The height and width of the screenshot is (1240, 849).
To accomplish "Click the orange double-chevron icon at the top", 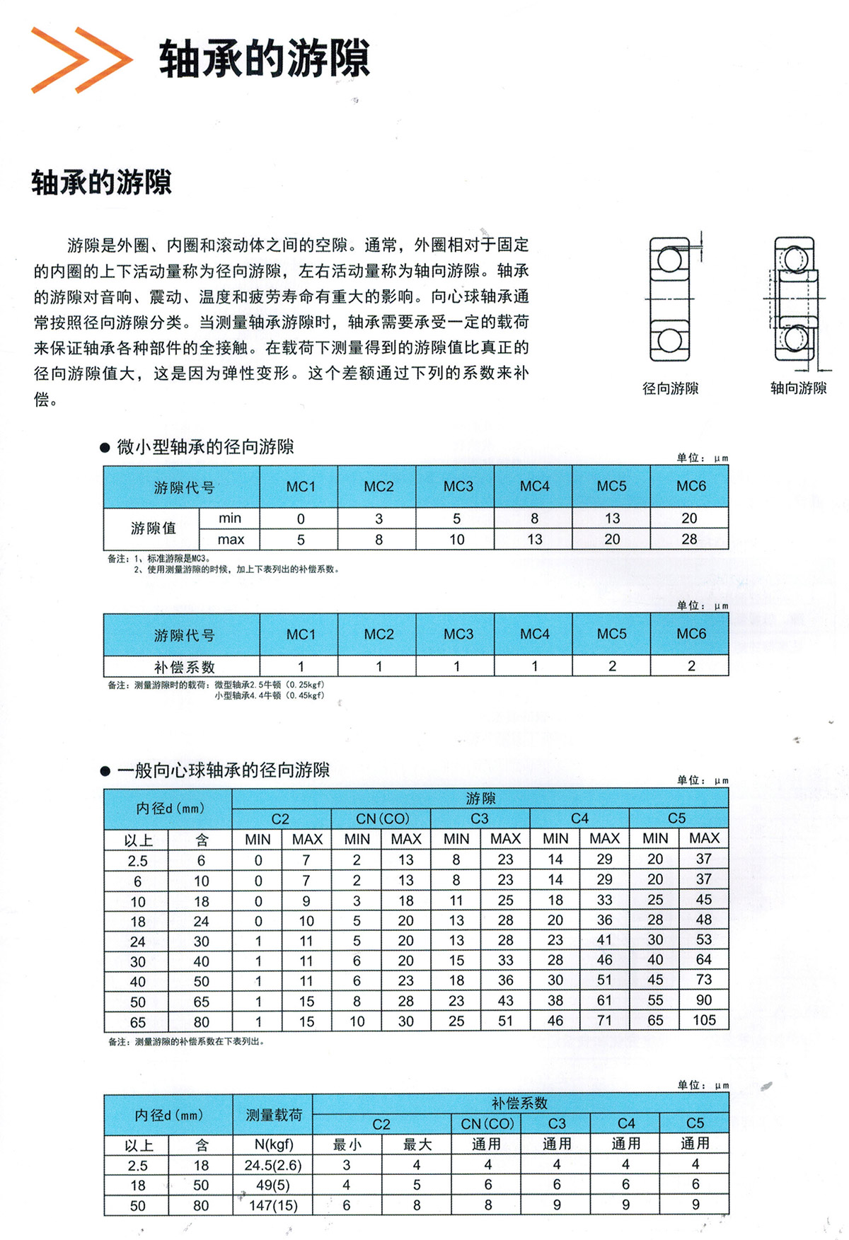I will [81, 60].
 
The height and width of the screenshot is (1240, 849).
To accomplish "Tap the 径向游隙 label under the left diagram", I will [670, 388].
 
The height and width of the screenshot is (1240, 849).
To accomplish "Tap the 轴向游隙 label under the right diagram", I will [798, 388].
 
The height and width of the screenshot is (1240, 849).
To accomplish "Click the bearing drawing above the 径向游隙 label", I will [669, 300].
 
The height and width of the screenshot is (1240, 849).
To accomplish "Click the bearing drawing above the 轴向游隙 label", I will [795, 300].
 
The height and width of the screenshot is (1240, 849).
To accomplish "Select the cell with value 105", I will [704, 1020].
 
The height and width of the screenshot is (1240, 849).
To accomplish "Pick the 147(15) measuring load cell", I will [273, 1205].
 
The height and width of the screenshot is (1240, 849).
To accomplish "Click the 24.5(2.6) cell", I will [273, 1165].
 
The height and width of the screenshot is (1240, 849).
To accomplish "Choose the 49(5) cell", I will [273, 1185].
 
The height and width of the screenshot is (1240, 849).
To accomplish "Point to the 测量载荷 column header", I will [273, 1115].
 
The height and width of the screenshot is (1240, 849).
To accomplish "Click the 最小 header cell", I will [347, 1145].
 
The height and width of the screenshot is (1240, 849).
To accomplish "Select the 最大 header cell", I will [417, 1145].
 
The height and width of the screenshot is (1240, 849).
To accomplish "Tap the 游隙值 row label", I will [153, 528].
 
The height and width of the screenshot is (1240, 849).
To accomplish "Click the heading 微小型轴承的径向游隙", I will [205, 447].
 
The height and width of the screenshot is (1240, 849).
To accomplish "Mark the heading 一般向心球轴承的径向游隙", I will [223, 770].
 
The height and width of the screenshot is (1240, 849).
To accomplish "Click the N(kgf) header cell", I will [273, 1145].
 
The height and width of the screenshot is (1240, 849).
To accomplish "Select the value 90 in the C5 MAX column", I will [704, 1000].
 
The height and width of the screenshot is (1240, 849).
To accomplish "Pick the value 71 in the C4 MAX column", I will [604, 1021].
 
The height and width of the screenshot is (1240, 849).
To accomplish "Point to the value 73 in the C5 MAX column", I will [704, 980].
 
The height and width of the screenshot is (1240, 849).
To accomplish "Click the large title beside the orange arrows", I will [264, 59].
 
